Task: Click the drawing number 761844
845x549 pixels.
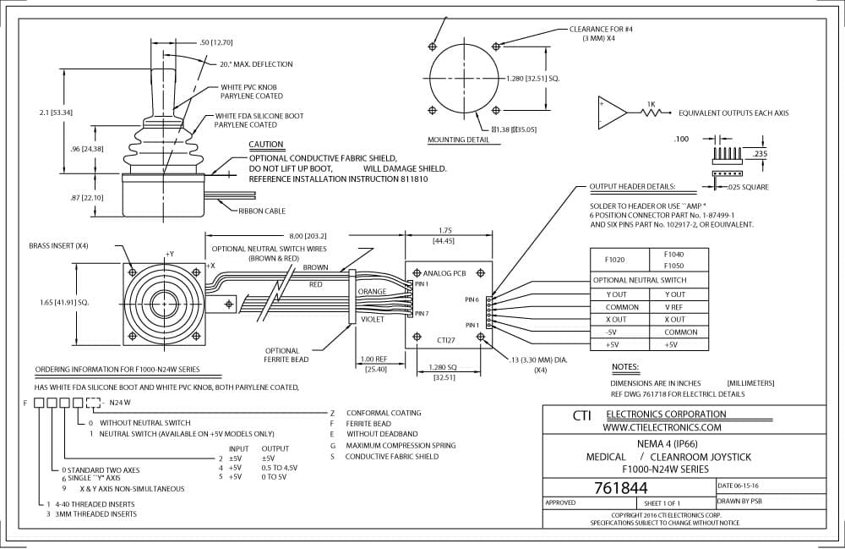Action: click(x=620, y=488)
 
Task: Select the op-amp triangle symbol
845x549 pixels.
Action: click(x=612, y=113)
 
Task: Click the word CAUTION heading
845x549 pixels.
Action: click(x=265, y=145)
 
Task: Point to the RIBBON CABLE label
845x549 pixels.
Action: click(x=262, y=211)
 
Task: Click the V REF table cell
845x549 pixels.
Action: click(x=673, y=307)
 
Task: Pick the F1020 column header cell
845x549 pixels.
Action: click(x=614, y=260)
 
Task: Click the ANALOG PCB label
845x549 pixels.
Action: click(x=444, y=273)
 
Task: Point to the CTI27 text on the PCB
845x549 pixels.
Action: click(x=446, y=340)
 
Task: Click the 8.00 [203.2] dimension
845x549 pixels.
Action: click(x=308, y=236)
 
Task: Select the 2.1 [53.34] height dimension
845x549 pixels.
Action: click(x=56, y=113)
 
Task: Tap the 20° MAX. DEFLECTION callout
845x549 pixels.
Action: click(x=256, y=63)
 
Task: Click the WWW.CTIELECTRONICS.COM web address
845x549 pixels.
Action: click(x=662, y=428)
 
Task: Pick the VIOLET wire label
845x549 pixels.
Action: click(x=373, y=319)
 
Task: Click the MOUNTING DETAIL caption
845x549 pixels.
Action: click(x=459, y=140)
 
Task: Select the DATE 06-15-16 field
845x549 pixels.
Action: click(x=738, y=486)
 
